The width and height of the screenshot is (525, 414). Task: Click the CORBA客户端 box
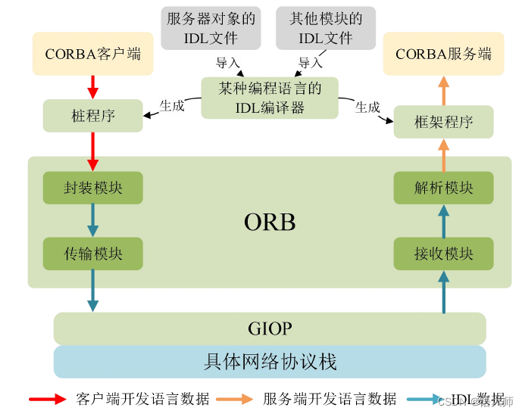point(92,53)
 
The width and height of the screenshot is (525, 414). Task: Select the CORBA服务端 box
point(443,53)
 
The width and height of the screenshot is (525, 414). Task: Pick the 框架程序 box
point(443,122)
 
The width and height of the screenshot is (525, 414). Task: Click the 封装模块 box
point(92,188)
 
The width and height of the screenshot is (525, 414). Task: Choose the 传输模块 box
point(92,254)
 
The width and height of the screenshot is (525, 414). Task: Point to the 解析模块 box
point(443,188)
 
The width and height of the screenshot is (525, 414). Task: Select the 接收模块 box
point(443,254)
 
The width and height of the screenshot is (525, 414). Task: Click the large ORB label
point(270,222)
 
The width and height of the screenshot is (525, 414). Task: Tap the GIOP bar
point(270,329)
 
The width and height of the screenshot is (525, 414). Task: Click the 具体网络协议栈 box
point(270,362)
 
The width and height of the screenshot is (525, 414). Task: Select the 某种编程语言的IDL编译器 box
point(270,98)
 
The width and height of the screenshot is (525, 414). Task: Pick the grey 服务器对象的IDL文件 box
point(211,28)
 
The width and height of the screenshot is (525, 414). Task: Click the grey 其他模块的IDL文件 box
point(326,28)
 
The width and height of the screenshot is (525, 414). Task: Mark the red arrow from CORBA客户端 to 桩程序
point(93,86)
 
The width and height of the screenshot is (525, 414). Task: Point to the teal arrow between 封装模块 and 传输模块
point(93,220)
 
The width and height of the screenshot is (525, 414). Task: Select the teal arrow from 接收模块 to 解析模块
point(444,220)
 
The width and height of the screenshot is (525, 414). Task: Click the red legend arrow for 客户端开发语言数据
point(48,399)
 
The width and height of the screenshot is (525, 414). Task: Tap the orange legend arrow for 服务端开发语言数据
point(234,399)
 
